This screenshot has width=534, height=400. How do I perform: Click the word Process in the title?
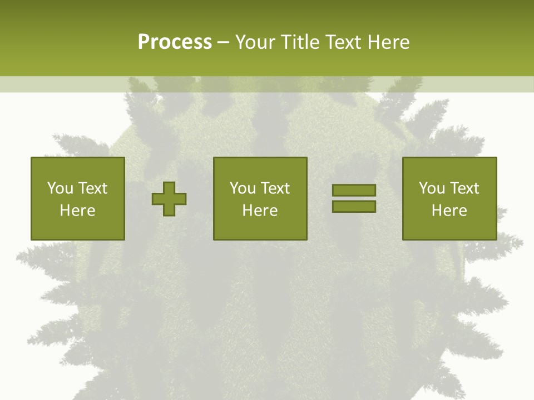[x=175, y=42]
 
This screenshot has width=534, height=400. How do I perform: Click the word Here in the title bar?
[x=389, y=42]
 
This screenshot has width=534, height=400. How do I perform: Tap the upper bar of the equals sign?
[x=354, y=191]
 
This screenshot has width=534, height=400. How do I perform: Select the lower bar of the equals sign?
[x=354, y=207]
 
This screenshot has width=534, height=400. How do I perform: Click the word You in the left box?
[x=60, y=188]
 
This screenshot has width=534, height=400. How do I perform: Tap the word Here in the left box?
[x=77, y=211]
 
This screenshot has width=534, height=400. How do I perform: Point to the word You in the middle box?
[x=242, y=188]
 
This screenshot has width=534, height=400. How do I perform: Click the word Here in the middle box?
[x=260, y=211]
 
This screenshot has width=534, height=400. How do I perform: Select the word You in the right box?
[x=431, y=188]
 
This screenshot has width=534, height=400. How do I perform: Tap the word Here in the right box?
[x=449, y=211]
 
